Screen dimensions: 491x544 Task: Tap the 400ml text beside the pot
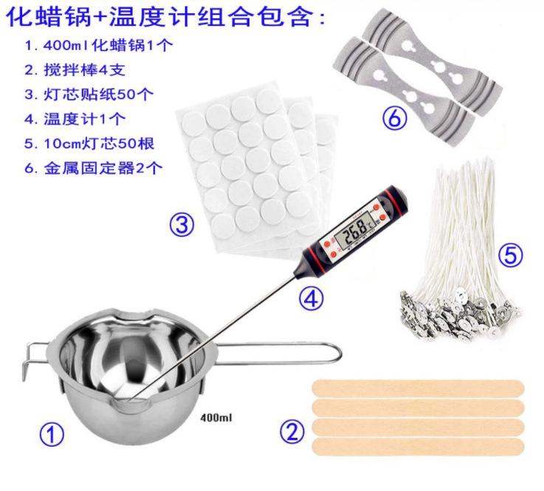click(x=216, y=417)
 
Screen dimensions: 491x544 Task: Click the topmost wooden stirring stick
click(x=419, y=387)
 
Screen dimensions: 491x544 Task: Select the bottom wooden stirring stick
click(x=419, y=446)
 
